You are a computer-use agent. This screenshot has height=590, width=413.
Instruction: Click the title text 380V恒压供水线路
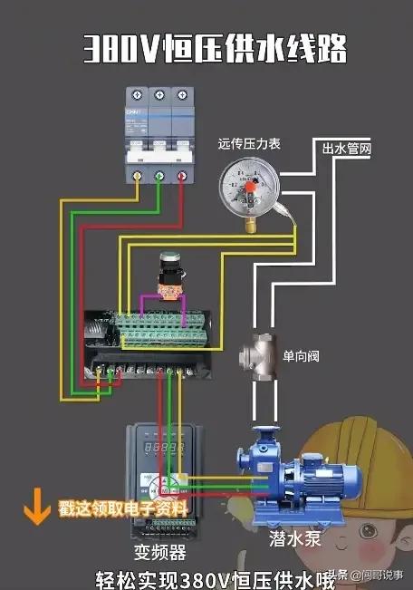(215, 48)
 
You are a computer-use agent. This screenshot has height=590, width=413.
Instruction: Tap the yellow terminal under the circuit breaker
(137, 176)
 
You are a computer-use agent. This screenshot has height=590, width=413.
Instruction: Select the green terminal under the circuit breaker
(159, 176)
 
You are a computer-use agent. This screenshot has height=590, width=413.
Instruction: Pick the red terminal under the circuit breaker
(182, 176)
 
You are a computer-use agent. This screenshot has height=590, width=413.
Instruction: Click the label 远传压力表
(249, 143)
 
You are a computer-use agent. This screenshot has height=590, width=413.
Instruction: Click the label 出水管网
(347, 147)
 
